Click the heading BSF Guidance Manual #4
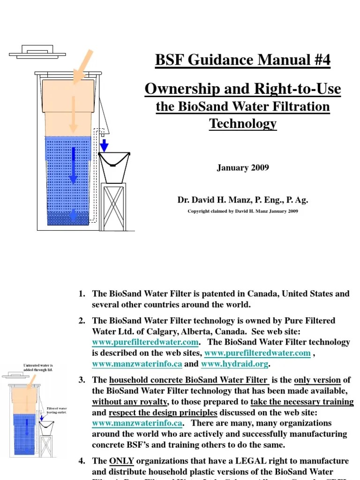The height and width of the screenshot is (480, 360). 243,60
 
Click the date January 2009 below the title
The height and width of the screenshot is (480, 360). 243,167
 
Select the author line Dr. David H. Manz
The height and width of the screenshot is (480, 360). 243,200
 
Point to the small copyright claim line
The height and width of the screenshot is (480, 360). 243,211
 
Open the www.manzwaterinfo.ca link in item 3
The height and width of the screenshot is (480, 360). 137,423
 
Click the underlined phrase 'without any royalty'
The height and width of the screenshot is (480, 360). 130,401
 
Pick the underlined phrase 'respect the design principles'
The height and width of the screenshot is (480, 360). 163,412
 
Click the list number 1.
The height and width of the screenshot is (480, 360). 82,294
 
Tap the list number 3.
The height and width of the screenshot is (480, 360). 82,380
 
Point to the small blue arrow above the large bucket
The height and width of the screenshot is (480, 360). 105,145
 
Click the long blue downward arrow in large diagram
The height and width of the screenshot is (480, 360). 73,164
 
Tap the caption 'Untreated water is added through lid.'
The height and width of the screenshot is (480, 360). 38,367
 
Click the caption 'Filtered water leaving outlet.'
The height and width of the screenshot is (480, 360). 57,410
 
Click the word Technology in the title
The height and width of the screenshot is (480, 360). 243,124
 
